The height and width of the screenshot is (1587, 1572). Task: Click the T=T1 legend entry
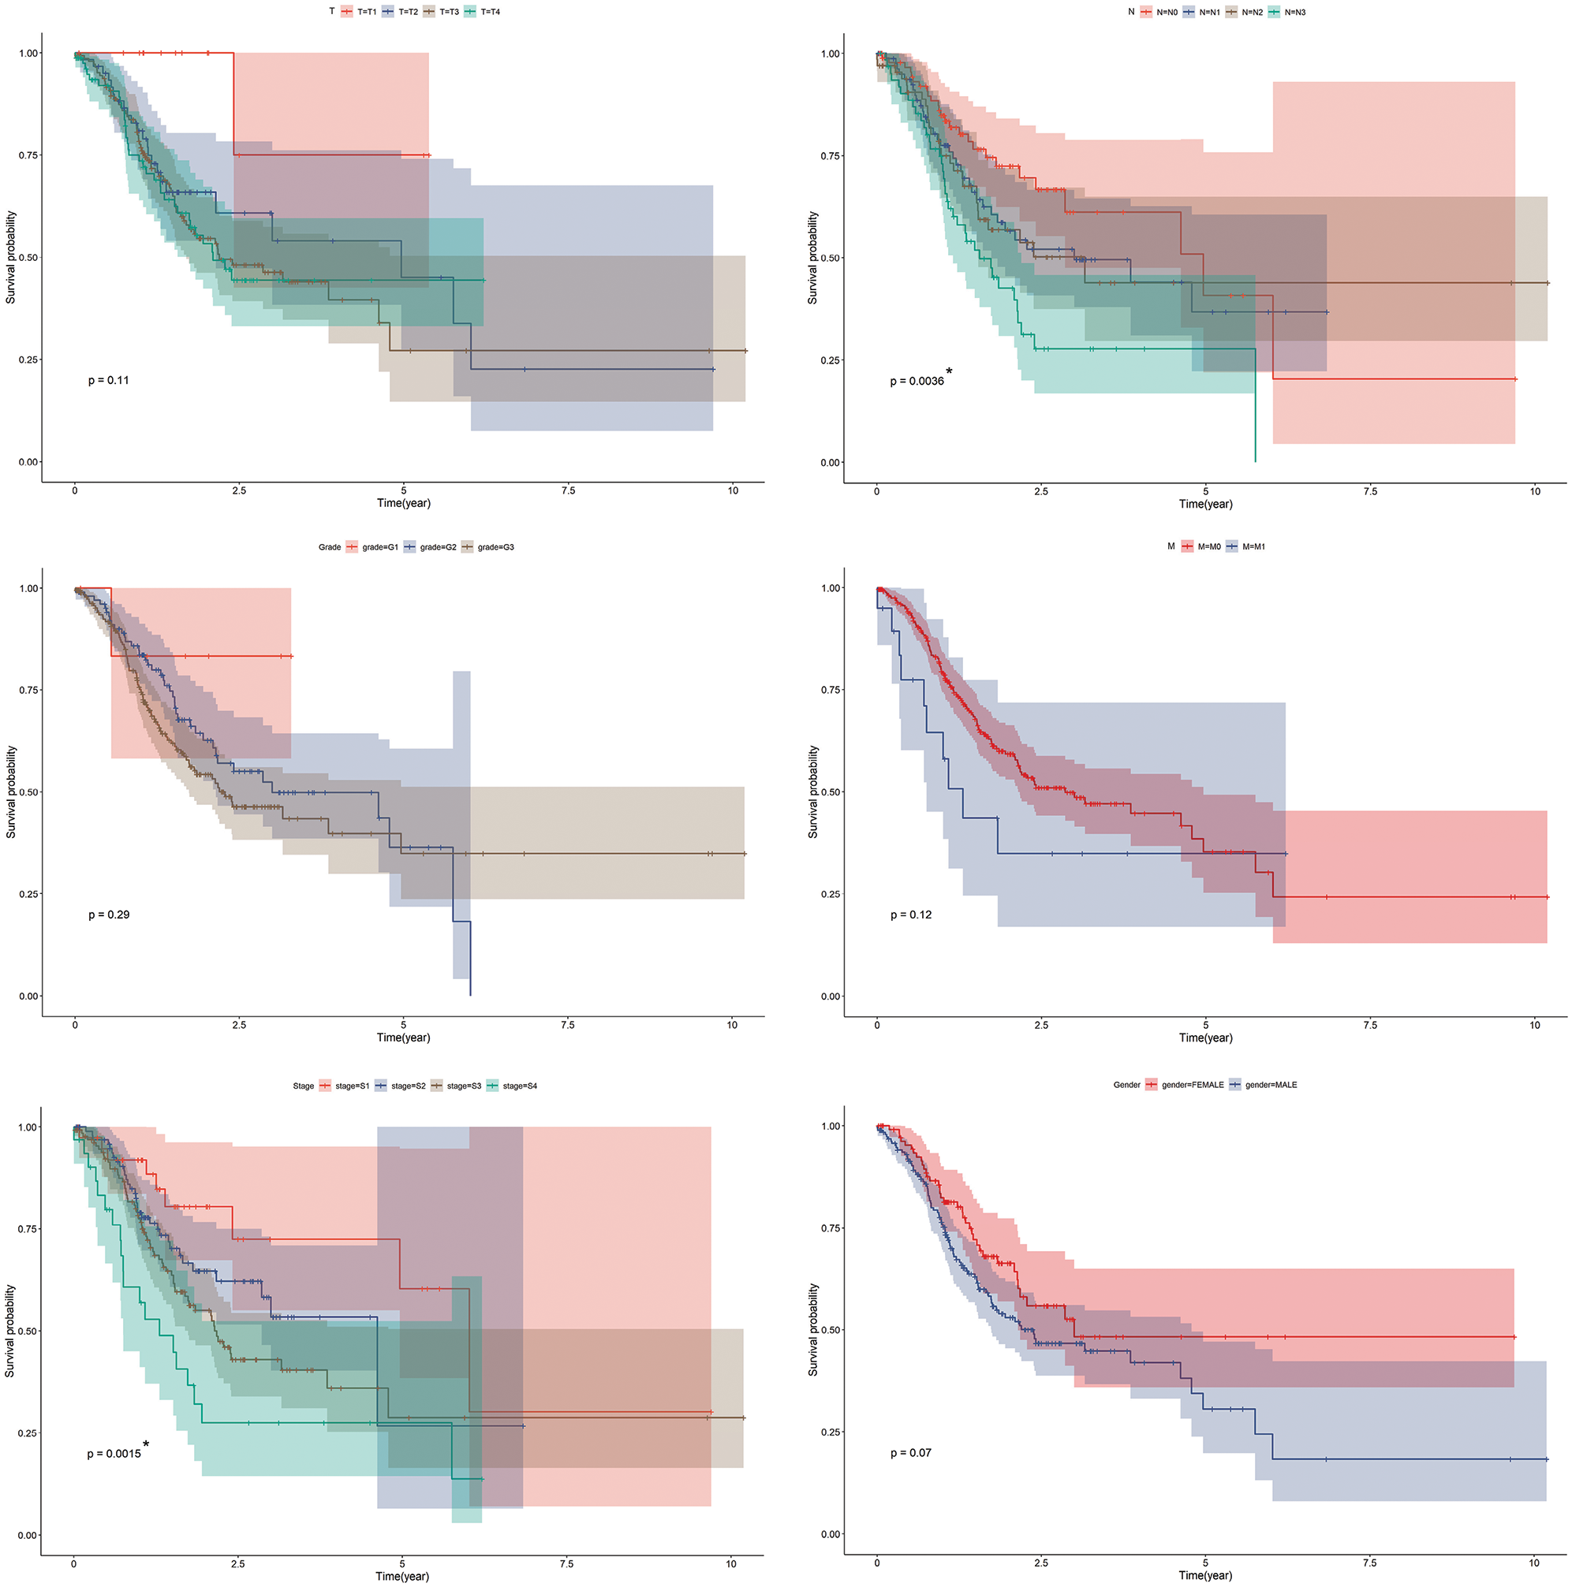tap(359, 13)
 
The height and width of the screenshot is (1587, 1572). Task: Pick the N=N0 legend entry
tap(1159, 13)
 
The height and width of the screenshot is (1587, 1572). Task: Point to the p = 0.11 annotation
tap(109, 380)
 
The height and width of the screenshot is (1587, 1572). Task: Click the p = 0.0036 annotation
tap(917, 381)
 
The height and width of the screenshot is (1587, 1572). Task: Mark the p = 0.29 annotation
tap(109, 915)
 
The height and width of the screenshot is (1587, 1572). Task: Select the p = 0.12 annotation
tap(911, 915)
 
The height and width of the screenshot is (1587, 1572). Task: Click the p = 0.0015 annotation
tap(114, 1454)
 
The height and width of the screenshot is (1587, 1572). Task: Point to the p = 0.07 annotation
tap(911, 1453)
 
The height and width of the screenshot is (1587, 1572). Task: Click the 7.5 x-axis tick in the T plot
tap(568, 491)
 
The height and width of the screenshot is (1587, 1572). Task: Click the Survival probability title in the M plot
tap(812, 792)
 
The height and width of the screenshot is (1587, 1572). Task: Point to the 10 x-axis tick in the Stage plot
tap(730, 1564)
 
